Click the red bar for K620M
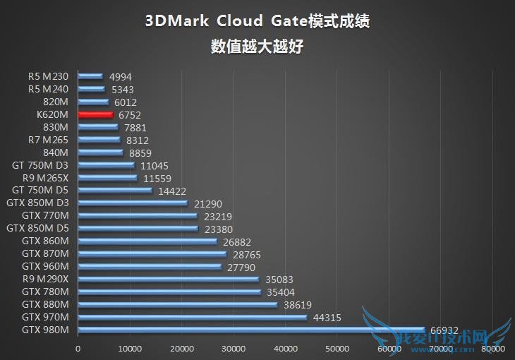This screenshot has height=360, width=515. [x=95, y=114]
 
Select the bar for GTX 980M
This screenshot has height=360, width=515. [x=250, y=330]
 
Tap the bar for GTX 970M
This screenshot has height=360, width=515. [x=192, y=318]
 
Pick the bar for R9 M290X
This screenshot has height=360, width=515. [x=168, y=280]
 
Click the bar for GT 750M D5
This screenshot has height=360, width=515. [x=114, y=191]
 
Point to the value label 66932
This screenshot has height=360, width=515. [x=444, y=330]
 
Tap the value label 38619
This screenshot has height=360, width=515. [x=297, y=305]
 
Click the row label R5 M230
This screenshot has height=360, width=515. [x=49, y=77]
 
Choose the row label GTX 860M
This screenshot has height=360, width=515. [x=45, y=241]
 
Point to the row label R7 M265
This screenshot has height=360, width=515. [x=48, y=140]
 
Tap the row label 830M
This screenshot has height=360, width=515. [x=56, y=127]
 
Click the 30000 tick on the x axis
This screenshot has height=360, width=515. [x=234, y=349]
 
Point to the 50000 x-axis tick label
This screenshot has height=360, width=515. [x=337, y=349]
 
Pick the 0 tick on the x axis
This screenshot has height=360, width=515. [x=78, y=349]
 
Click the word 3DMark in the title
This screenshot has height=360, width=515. [x=176, y=21]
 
